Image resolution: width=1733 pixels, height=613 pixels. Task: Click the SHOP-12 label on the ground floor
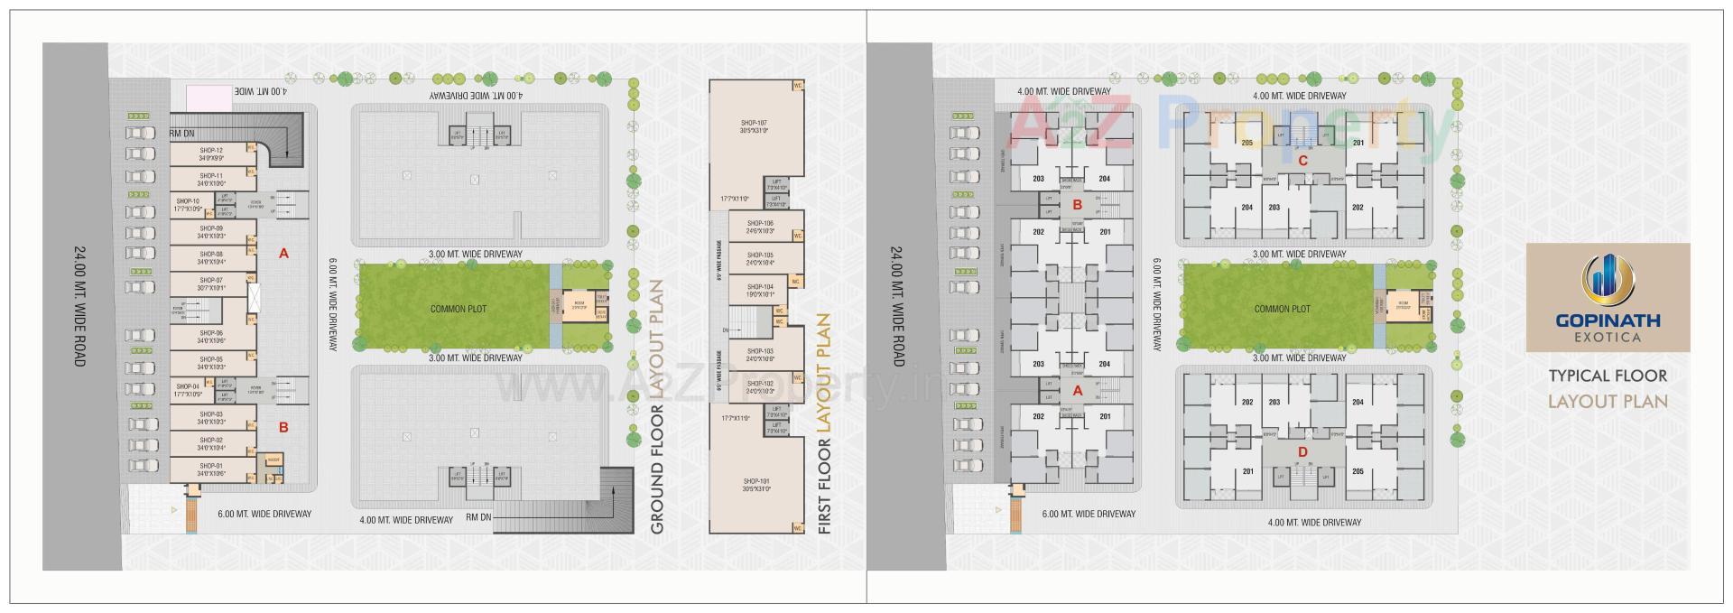pos(212,150)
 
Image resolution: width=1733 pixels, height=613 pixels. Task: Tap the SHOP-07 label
pos(212,280)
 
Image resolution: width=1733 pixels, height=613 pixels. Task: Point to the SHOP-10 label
pos(189,201)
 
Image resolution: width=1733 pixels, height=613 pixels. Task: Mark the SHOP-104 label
pos(761,286)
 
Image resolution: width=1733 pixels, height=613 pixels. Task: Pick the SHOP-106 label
pos(761,222)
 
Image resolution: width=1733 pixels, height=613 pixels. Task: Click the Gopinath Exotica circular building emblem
pos(1608,279)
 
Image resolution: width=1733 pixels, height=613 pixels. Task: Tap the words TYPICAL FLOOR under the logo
pos(1608,376)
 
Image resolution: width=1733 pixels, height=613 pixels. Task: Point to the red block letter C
pos(1302,161)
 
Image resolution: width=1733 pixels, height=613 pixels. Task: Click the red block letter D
pos(1302,451)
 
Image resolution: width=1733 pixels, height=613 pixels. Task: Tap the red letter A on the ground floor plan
pos(283,254)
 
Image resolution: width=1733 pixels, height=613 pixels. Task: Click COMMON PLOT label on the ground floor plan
pos(458,309)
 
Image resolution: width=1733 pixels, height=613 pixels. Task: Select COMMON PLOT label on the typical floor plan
pos(1282,309)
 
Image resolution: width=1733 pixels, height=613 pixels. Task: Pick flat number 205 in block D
pos(1358,471)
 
